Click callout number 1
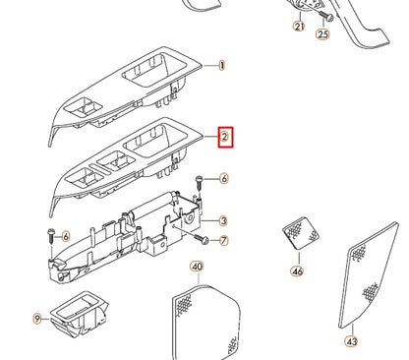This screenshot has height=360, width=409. tap(222, 66)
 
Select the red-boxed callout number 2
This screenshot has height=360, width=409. tap(224, 137)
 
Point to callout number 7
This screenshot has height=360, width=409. tap(223, 241)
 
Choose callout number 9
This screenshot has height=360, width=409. tap(37, 319)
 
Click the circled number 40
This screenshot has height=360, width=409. tap(196, 267)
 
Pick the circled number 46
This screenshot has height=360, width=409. tap(297, 270)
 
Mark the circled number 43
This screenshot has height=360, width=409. tap(352, 341)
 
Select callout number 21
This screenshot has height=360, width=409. tap(299, 27)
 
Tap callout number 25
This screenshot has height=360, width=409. tap(322, 33)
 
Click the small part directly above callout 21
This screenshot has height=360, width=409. tap(299, 9)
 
